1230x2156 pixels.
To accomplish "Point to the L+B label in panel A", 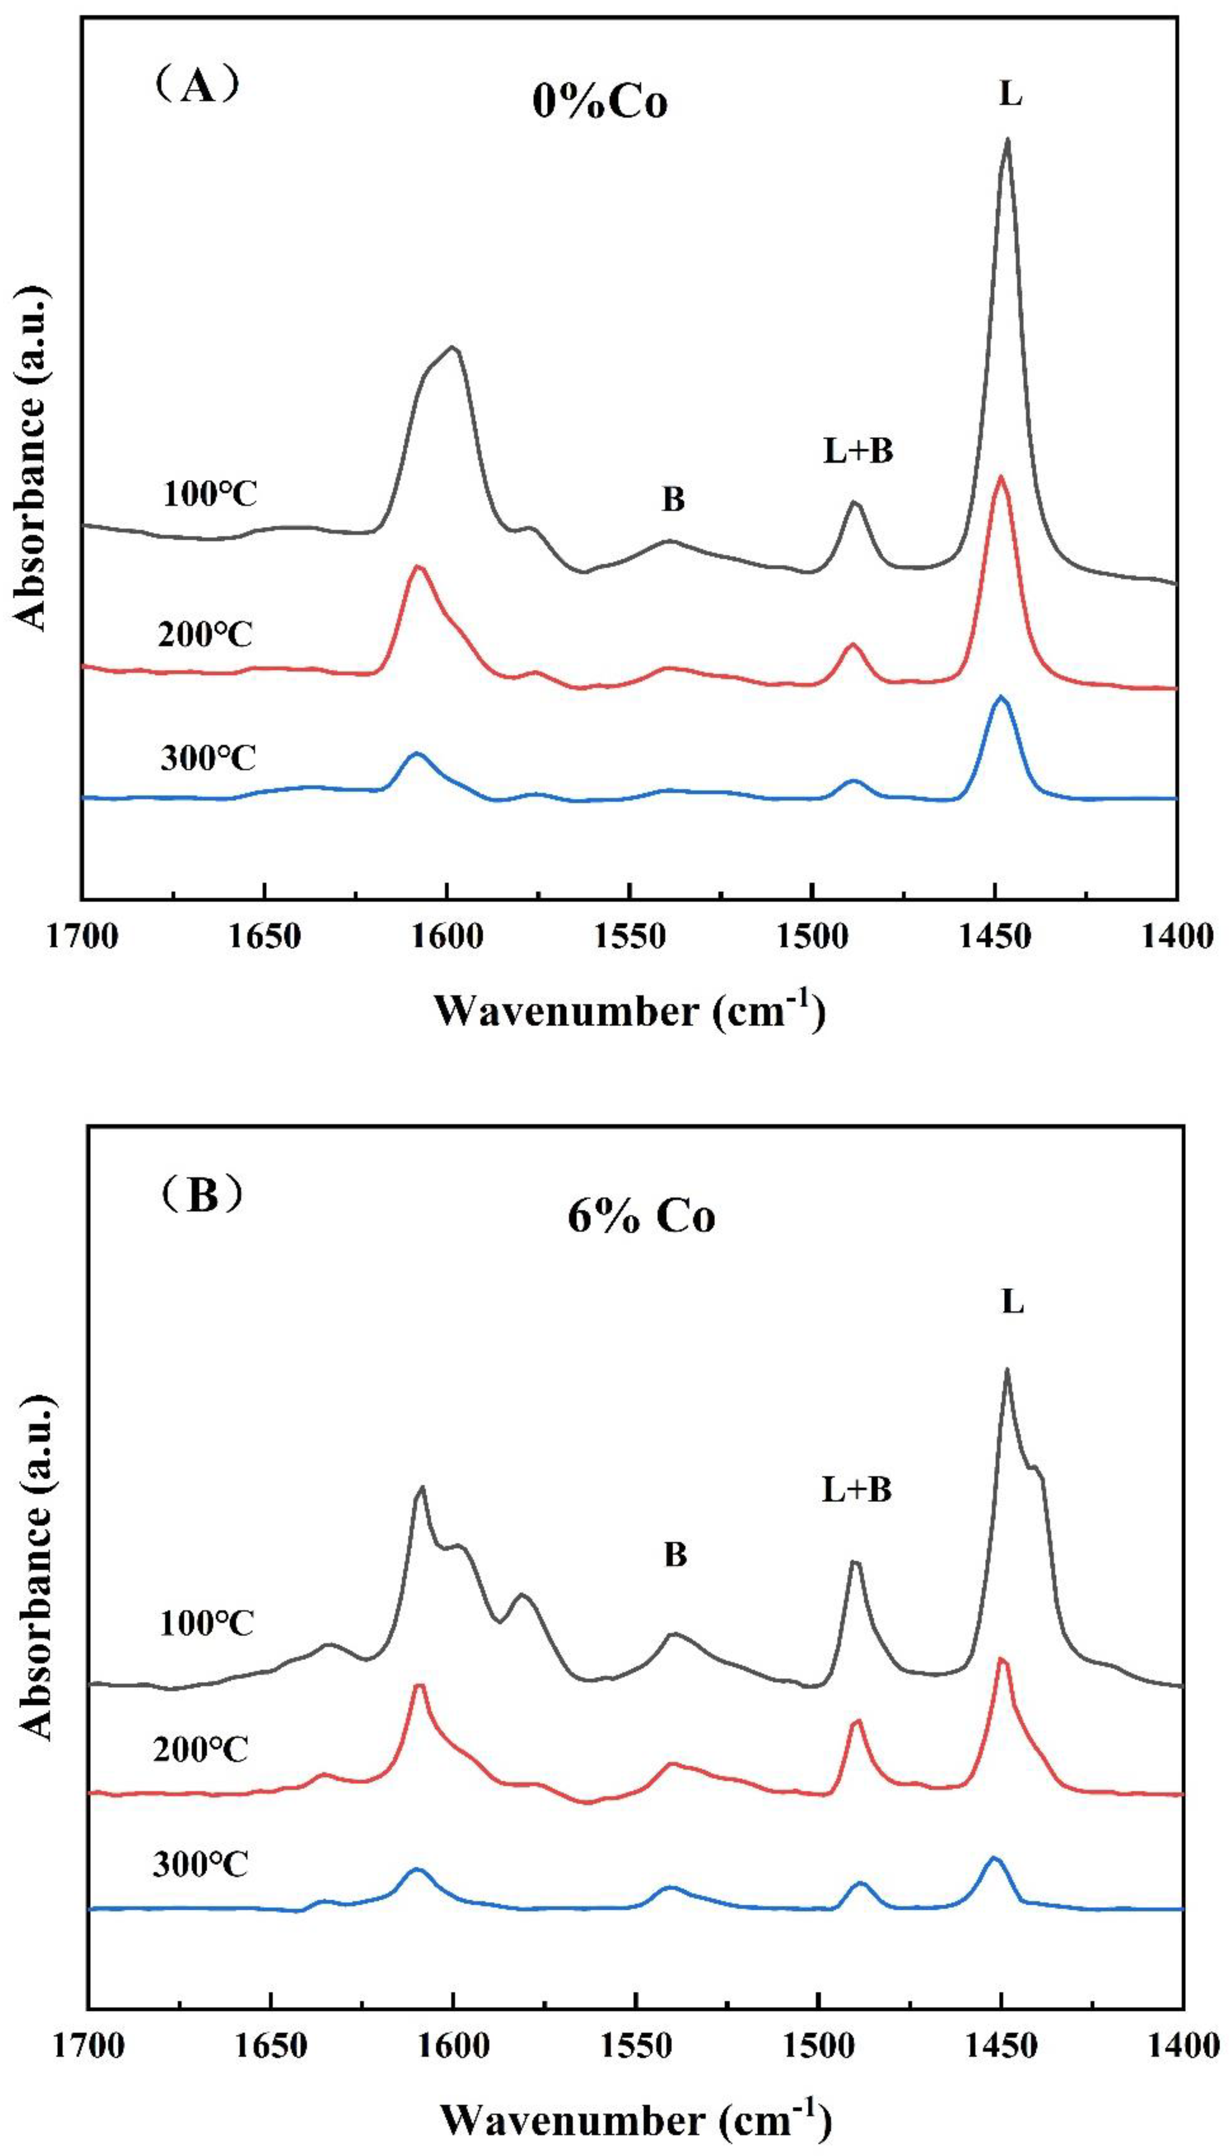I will pos(858,452).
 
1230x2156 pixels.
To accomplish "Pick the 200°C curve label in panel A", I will pos(205,634).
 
